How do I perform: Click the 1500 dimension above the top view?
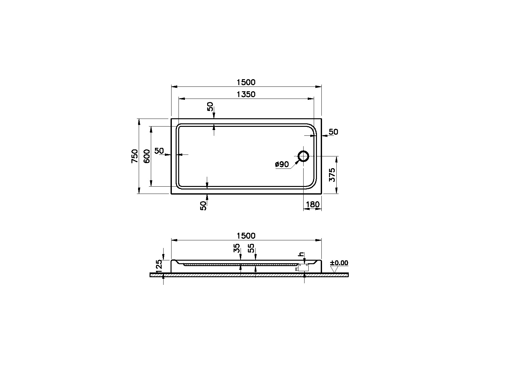[x=246, y=82]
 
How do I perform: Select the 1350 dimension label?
[x=246, y=94]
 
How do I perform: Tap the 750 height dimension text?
[x=135, y=156]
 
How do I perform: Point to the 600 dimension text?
[x=147, y=156]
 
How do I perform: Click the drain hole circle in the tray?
[x=303, y=156]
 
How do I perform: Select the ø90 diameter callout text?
[x=282, y=164]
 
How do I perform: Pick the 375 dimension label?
[x=332, y=175]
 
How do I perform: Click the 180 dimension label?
[x=312, y=205]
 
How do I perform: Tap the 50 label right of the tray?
[x=333, y=132]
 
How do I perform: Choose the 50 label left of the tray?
[x=159, y=150]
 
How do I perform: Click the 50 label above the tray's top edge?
[x=210, y=106]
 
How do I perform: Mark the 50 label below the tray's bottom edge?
[x=203, y=206]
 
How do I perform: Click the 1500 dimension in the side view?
[x=246, y=236]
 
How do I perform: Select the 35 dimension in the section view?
[x=236, y=248]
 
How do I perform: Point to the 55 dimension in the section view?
[x=251, y=248]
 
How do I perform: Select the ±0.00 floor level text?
[x=339, y=263]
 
